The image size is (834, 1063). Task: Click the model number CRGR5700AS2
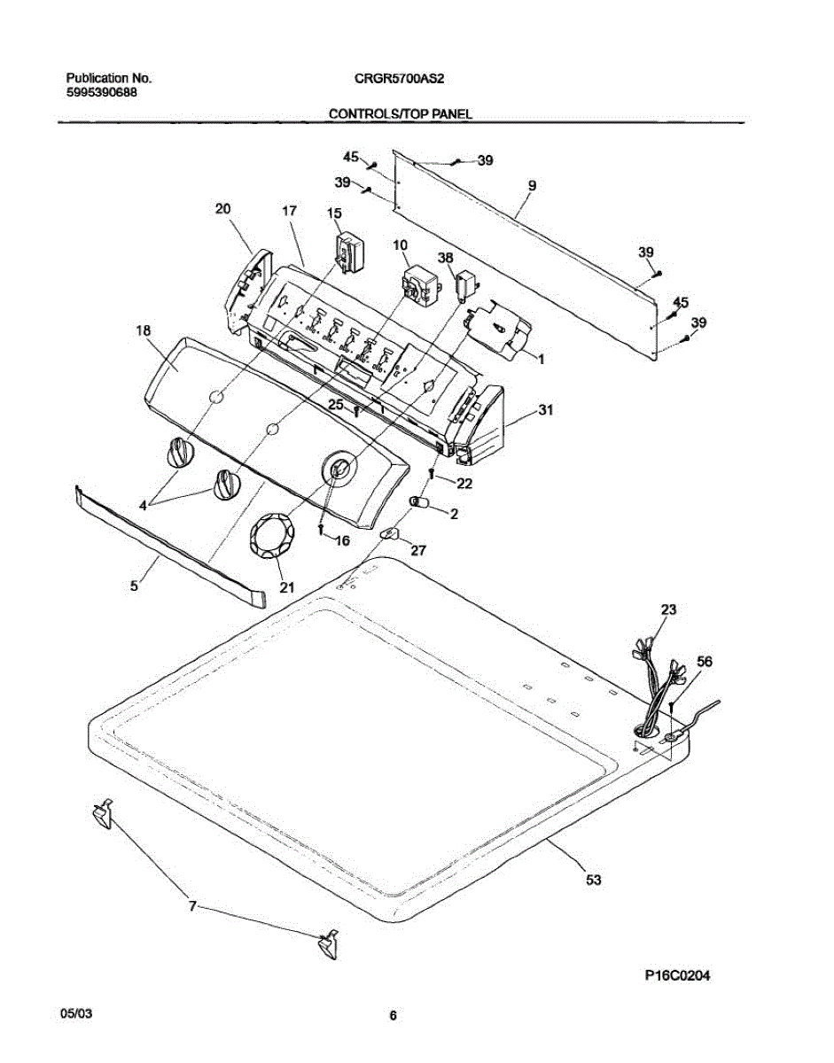400,78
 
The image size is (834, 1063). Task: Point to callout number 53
593,880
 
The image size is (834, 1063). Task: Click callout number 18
144,330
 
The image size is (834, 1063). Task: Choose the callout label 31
545,409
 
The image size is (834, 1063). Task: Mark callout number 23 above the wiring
668,609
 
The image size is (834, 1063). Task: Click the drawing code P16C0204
678,976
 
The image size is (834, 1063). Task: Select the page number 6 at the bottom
393,1016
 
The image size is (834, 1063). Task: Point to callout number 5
134,585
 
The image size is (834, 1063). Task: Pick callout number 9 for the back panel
531,186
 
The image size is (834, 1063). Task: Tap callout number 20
222,209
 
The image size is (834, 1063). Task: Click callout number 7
192,907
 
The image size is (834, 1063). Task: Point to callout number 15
334,213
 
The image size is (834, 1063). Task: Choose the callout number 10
400,244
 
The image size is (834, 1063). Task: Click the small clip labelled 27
390,534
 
